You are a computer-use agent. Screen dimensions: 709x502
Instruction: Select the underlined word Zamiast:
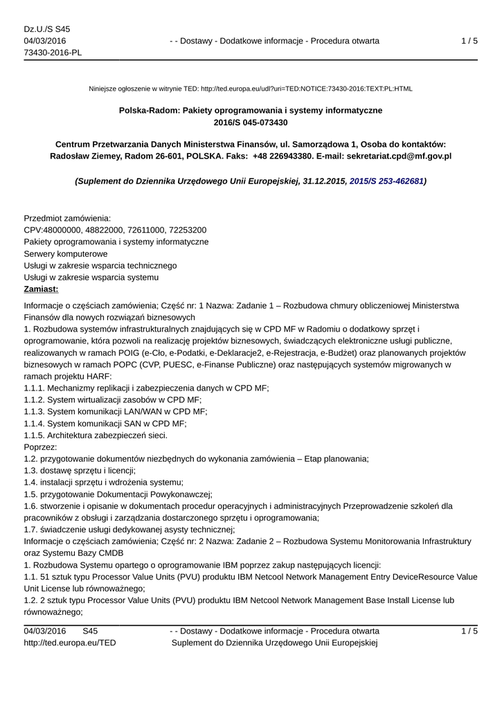[x=42, y=289]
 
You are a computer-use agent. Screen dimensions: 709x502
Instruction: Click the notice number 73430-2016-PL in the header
[x=53, y=53]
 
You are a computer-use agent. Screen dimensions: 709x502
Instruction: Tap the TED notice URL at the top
[x=306, y=89]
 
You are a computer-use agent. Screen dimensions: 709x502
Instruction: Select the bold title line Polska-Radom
[x=251, y=110]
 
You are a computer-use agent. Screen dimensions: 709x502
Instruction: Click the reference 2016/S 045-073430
[x=251, y=123]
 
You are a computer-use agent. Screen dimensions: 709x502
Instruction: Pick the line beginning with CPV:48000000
[x=115, y=230]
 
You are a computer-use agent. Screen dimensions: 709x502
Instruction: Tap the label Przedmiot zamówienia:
[x=67, y=218]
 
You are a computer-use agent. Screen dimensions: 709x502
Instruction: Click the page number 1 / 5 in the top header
[x=469, y=42]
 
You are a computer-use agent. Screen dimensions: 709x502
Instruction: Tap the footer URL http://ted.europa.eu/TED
[x=70, y=643]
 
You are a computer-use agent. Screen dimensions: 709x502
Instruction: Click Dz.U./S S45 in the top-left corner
[x=47, y=29]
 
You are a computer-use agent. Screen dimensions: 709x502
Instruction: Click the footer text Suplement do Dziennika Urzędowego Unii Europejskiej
[x=274, y=643]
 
